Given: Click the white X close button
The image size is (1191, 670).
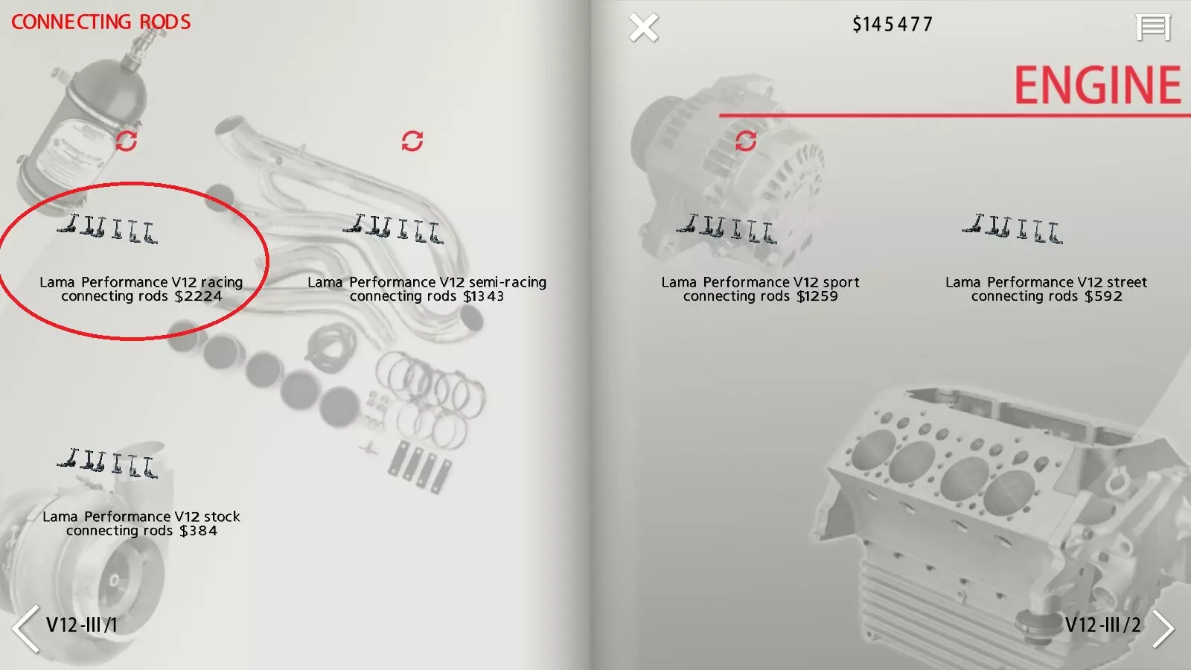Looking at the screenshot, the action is (643, 27).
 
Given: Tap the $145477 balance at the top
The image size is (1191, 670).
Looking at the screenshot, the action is (893, 25).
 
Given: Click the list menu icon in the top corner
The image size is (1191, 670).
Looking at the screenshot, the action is (1153, 28).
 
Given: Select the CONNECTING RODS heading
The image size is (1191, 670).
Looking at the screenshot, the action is (101, 22).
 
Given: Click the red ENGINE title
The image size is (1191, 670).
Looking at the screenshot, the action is (1097, 85).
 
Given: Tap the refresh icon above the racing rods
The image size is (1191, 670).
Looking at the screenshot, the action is (127, 141).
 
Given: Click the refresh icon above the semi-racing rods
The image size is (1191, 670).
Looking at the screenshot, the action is (412, 141).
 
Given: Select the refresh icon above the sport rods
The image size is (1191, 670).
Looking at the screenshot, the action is (745, 141).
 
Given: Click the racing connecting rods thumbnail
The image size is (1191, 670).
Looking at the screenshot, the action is (107, 229).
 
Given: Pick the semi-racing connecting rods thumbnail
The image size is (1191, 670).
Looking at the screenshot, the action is (393, 229).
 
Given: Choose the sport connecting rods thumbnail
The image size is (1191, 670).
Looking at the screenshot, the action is (727, 229).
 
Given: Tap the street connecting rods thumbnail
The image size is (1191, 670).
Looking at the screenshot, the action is (1012, 229).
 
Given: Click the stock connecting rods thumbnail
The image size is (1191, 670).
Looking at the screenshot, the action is (107, 464).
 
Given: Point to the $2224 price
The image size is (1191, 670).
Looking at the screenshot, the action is (198, 296).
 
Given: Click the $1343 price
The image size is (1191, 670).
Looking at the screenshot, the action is (483, 296).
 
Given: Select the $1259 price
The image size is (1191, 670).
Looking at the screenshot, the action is (817, 296).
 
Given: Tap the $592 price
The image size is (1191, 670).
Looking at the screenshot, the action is (1103, 296).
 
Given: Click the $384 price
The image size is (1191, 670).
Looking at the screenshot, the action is (198, 531).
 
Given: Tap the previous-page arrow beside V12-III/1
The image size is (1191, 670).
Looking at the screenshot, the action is (25, 628).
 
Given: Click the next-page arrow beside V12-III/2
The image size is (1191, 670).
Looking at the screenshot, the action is (1163, 628).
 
